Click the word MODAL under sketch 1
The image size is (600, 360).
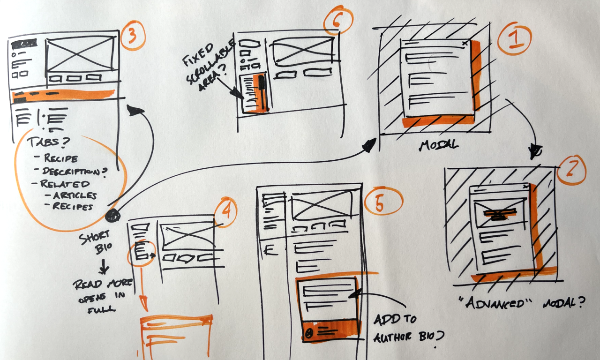tap(438, 145)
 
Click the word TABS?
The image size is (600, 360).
tap(48, 142)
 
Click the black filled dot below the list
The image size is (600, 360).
tap(113, 216)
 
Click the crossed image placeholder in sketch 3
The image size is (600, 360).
tap(80, 54)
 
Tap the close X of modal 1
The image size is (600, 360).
tap(465, 43)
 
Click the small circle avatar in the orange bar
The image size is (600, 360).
tap(309, 333)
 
